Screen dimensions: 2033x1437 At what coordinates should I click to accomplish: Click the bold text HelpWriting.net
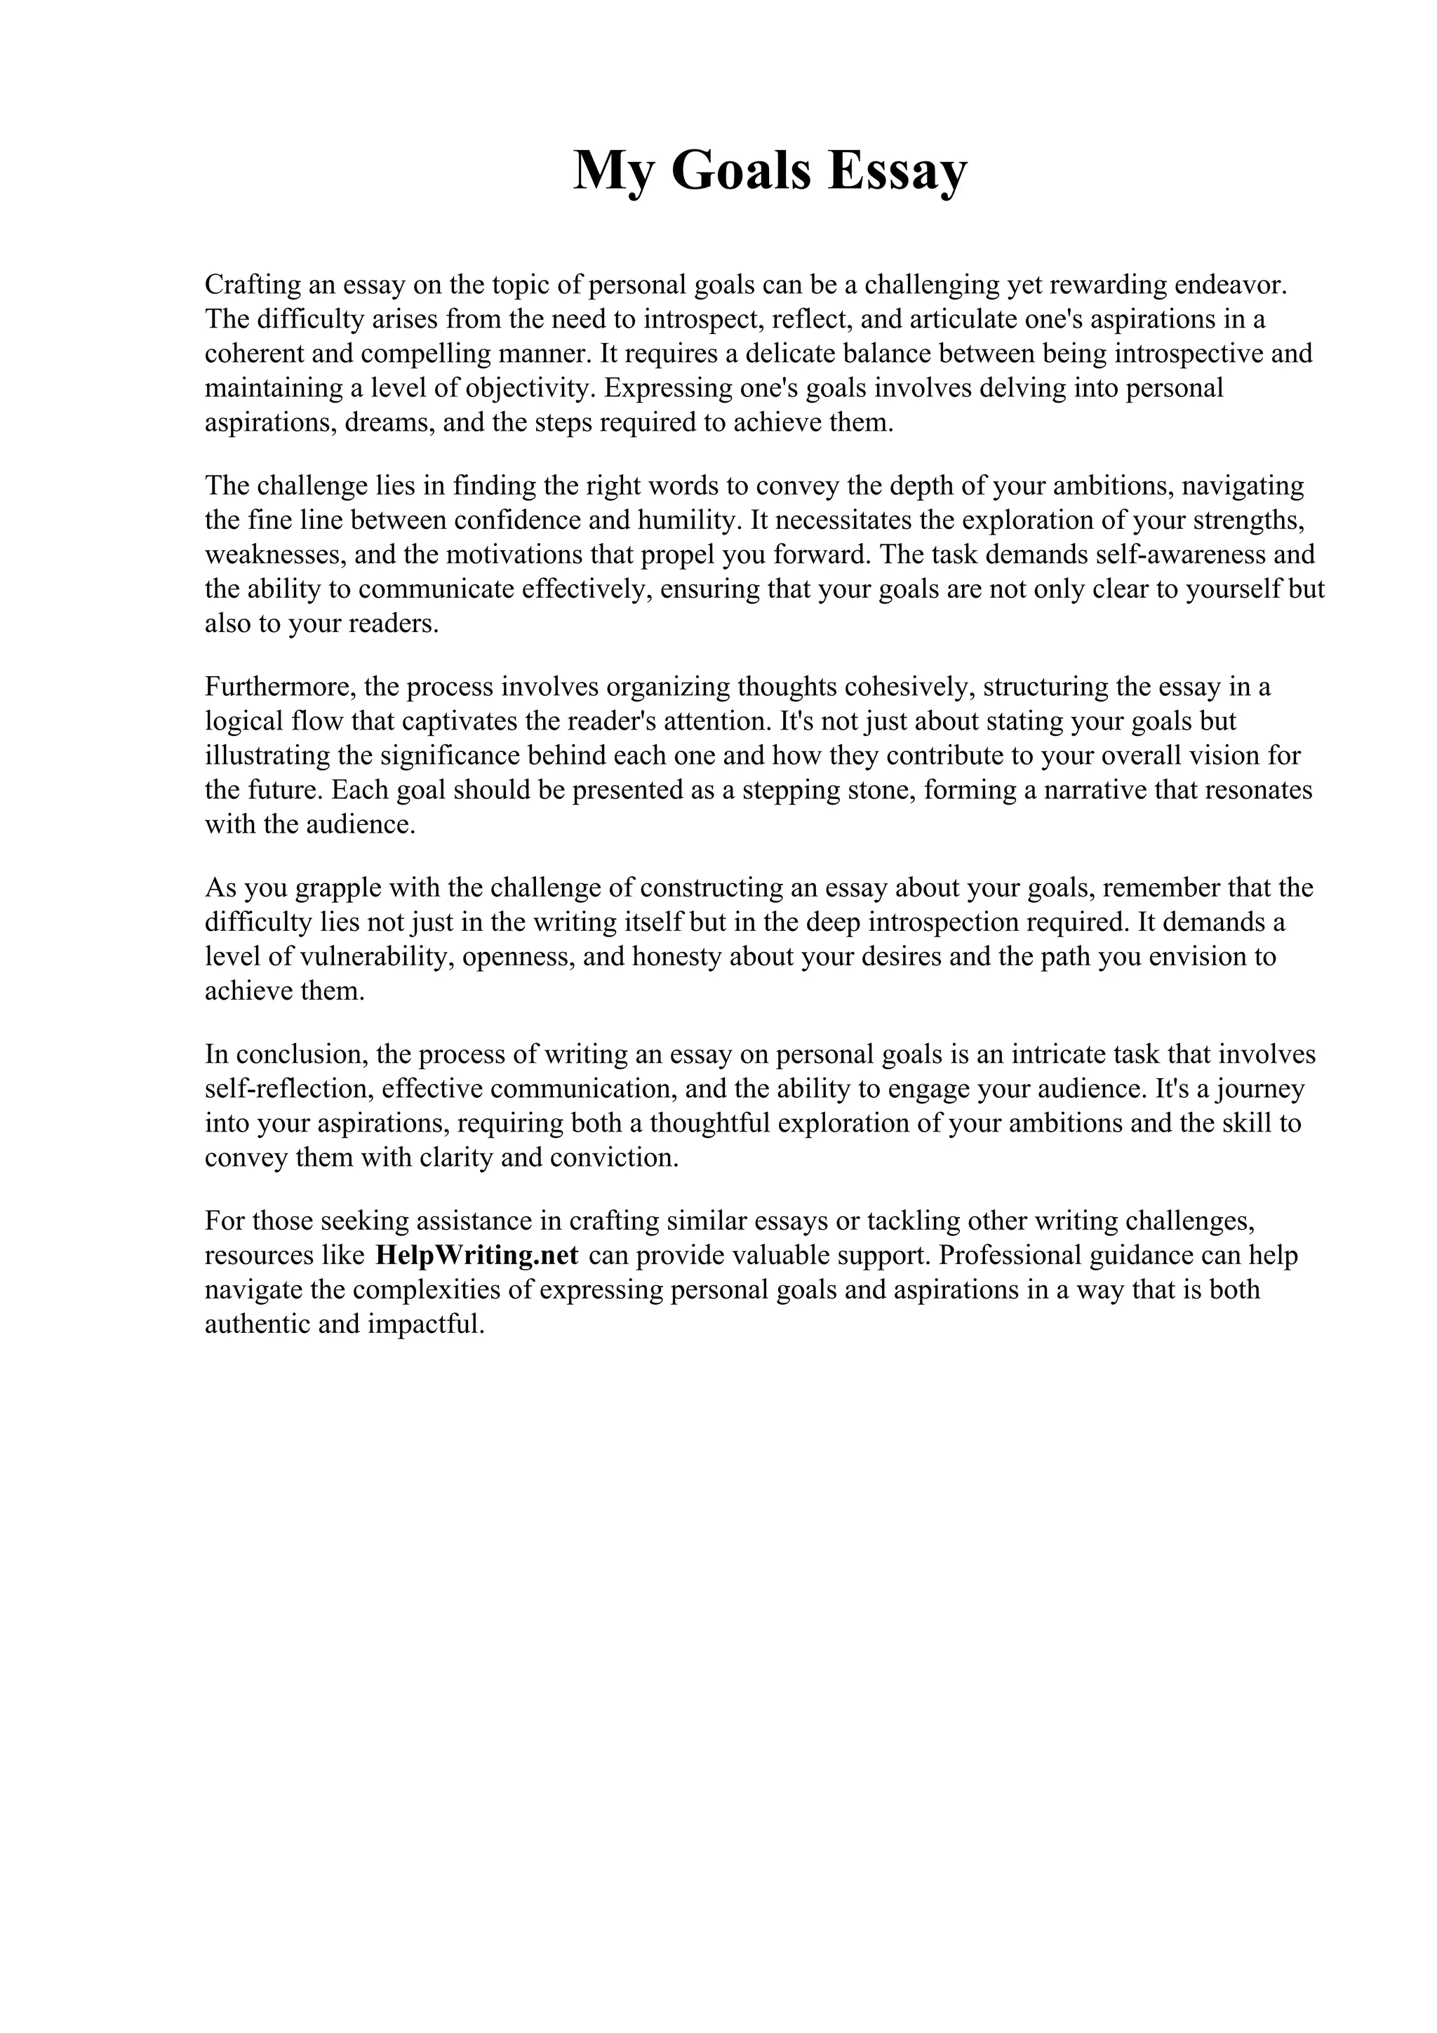(477, 1256)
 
